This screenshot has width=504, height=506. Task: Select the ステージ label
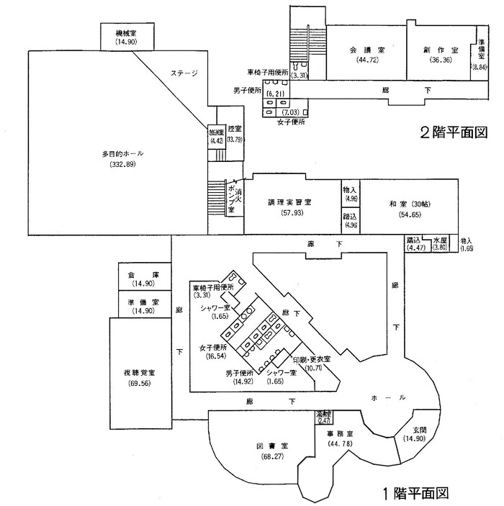(x=184, y=73)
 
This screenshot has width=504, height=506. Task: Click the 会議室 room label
(x=367, y=50)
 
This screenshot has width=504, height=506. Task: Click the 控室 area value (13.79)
(x=234, y=139)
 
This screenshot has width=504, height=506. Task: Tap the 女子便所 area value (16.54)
(x=214, y=356)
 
